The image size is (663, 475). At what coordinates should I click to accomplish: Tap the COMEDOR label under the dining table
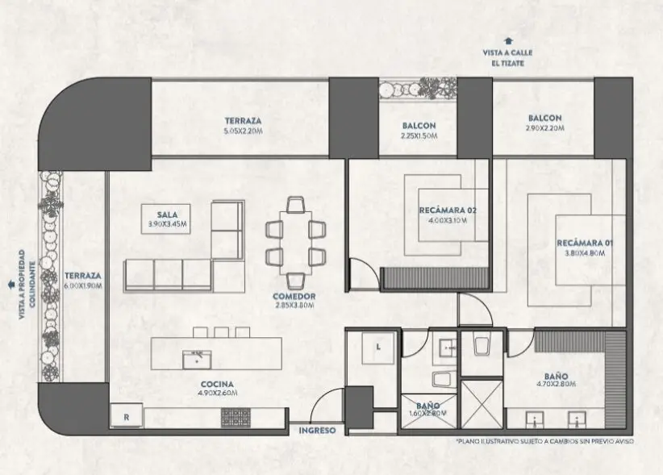294,296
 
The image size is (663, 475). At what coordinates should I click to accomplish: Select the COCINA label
217,384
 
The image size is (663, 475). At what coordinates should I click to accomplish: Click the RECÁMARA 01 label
585,243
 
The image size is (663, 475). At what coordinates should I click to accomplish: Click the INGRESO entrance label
317,431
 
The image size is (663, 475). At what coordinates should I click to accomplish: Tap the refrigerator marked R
127,416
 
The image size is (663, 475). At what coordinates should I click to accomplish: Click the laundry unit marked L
378,348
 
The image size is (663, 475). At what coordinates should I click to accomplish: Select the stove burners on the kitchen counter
236,417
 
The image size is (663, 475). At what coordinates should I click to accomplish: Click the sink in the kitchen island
197,360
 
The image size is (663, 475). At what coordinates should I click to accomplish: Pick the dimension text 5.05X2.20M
243,131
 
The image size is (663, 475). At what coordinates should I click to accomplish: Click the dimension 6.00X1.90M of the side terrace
83,285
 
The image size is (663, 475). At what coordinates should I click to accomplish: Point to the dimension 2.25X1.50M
419,136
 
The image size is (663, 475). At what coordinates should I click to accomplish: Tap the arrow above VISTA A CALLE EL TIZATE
508,41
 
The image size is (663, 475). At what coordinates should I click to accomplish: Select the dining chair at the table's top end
295,204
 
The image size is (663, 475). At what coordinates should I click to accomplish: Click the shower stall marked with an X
482,404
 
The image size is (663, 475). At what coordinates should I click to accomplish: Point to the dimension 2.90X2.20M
544,128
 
